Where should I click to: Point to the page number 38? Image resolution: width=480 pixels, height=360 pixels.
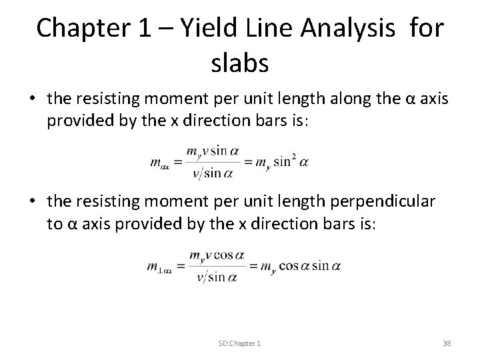pyautogui.click(x=447, y=343)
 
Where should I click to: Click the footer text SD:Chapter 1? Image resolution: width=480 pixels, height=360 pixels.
pyautogui.click(x=239, y=343)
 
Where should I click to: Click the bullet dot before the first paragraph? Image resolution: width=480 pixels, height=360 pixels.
pyautogui.click(x=31, y=99)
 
